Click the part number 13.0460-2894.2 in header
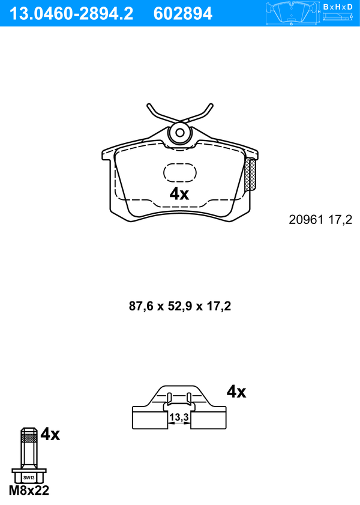[71, 14]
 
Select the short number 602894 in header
[183, 14]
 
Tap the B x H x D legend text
[337, 7]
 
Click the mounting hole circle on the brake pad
[180, 133]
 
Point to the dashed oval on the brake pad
[180, 172]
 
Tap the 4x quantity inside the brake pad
[179, 194]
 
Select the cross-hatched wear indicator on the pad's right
[251, 175]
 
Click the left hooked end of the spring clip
[149, 106]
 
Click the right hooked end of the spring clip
[211, 106]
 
